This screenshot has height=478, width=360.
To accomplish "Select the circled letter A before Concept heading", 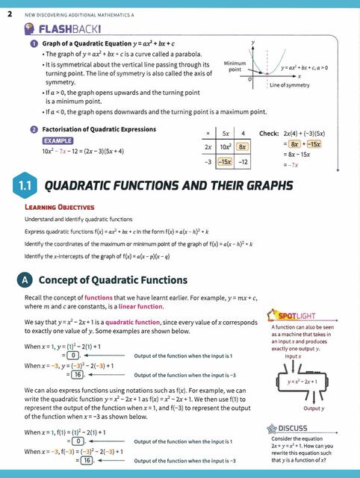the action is click(x=22, y=280).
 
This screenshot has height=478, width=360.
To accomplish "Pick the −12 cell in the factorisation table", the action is click(x=243, y=161).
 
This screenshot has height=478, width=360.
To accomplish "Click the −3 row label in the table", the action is click(x=210, y=161).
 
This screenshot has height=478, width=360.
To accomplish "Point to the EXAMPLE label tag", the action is click(x=57, y=140).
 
